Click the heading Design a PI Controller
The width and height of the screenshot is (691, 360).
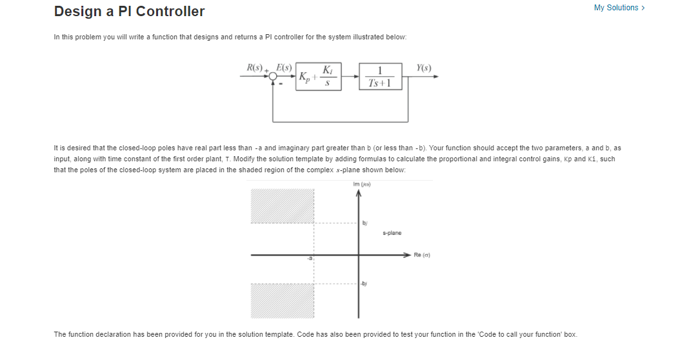pos(129,12)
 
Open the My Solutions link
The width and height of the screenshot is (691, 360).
pos(619,8)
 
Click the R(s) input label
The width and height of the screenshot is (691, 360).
pos(257,67)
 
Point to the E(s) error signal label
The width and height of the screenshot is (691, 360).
pos(284,67)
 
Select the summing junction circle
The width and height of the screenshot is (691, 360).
pos(274,77)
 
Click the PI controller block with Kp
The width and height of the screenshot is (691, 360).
pos(318,76)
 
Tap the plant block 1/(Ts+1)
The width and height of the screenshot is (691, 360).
pos(381,76)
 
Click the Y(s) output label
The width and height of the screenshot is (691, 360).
pos(424,67)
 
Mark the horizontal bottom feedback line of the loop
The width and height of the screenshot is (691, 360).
pos(341,121)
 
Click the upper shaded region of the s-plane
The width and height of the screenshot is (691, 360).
pos(282,206)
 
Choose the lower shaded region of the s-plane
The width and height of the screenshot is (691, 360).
pos(282,301)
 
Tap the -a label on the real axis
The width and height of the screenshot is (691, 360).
pos(309,259)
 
